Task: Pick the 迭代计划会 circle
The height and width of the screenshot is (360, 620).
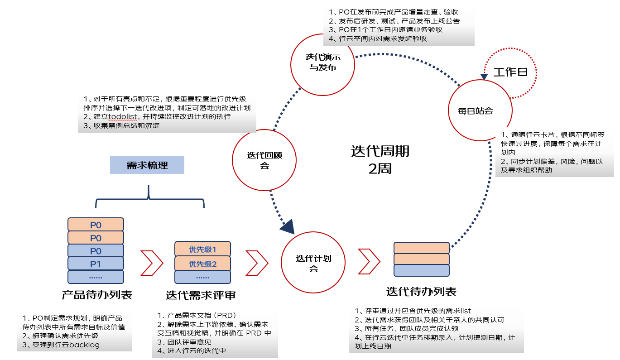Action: pyautogui.click(x=313, y=263)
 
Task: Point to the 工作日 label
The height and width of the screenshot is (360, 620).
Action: pyautogui.click(x=510, y=72)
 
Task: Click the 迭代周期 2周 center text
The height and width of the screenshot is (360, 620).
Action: pyautogui.click(x=380, y=160)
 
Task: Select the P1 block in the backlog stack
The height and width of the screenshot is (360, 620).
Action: pyautogui.click(x=96, y=264)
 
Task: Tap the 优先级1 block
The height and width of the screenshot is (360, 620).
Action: pyautogui.click(x=202, y=250)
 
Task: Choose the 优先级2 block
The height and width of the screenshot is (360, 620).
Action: pyautogui.click(x=202, y=264)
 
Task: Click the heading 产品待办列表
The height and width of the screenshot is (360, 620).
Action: pyautogui.click(x=97, y=295)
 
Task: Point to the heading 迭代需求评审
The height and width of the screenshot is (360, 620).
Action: pyautogui.click(x=201, y=295)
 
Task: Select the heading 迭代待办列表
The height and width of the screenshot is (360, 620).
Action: pyautogui.click(x=421, y=291)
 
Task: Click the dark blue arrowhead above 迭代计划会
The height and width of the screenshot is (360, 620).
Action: pyautogui.click(x=288, y=226)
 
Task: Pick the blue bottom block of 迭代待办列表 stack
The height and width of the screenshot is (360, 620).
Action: pyautogui.click(x=421, y=270)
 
